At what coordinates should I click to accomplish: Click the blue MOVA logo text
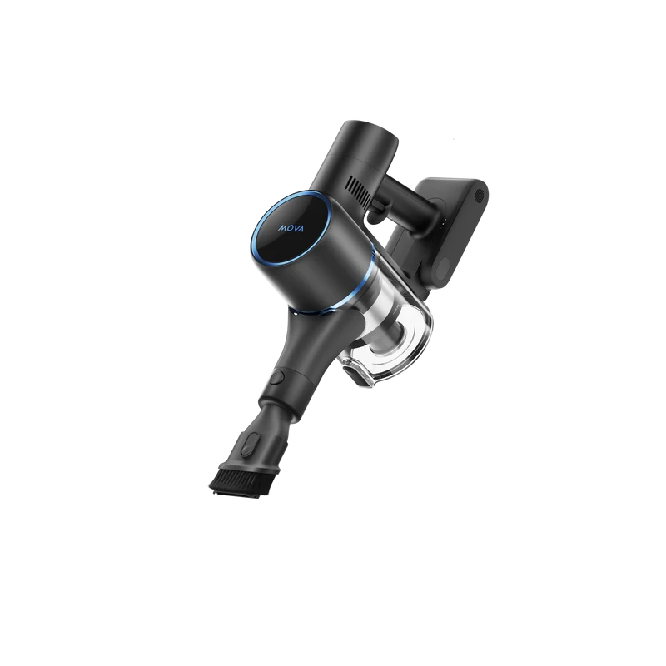[291, 228]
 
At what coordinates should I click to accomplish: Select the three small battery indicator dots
[444, 223]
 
